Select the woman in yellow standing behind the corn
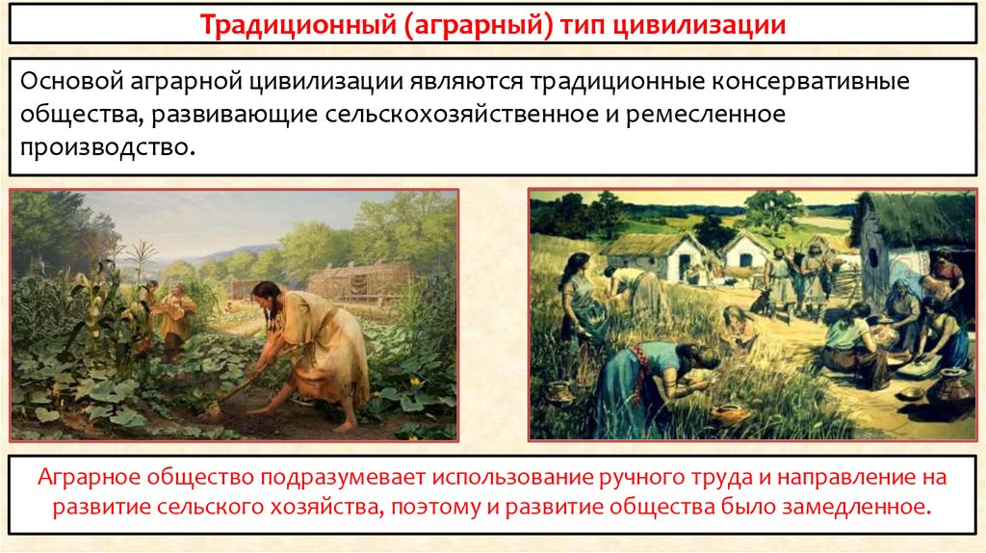[x=177, y=313]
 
